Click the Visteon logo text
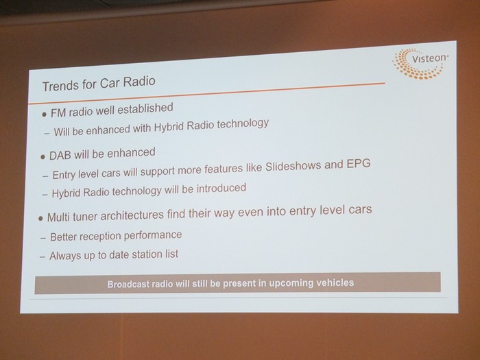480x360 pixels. pyautogui.click(x=429, y=58)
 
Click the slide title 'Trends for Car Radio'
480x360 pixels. pyautogui.click(x=99, y=83)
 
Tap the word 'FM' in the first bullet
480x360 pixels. pyautogui.click(x=58, y=113)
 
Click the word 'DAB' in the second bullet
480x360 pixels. pyautogui.click(x=60, y=156)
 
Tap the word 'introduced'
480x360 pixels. pyautogui.click(x=221, y=189)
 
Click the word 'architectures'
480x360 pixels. pyautogui.click(x=132, y=215)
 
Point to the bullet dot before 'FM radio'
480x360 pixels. pyautogui.click(x=45, y=115)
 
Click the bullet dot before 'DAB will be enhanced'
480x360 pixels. pyautogui.click(x=43, y=157)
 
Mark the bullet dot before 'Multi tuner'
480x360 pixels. pyautogui.click(x=40, y=219)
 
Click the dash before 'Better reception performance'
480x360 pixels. pyautogui.click(x=43, y=238)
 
